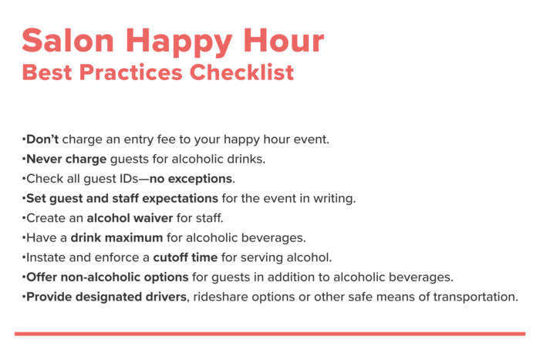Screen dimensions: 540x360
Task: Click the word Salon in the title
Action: [x=68, y=40]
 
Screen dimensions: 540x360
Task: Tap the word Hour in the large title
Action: [x=284, y=40]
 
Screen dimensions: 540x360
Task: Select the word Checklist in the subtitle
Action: [x=241, y=72]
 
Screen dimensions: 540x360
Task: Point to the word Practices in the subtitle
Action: [x=131, y=72]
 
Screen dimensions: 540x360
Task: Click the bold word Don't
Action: [x=42, y=139]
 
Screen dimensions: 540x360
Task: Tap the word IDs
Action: [x=129, y=179]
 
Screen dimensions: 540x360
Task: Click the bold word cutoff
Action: [x=168, y=257]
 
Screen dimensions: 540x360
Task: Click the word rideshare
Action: [x=221, y=297]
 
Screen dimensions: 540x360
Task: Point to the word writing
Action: [x=334, y=199]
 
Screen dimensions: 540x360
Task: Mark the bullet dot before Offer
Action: [x=24, y=278]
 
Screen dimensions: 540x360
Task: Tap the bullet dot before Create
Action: [x=24, y=218]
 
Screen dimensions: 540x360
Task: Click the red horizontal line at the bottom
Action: [x=270, y=334]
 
